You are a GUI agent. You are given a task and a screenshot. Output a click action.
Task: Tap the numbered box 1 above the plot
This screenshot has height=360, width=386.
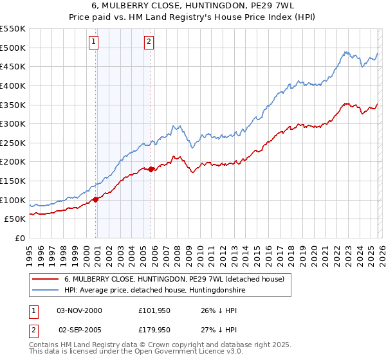(x=94, y=42)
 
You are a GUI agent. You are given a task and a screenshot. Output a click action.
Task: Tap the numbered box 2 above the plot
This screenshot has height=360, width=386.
(x=149, y=42)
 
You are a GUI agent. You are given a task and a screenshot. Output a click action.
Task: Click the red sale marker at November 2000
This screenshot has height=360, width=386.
(x=96, y=199)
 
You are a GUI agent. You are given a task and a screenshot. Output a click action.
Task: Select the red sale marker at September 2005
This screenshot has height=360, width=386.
(x=151, y=170)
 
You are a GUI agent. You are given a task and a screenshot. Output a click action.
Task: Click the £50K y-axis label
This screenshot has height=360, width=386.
(x=15, y=219)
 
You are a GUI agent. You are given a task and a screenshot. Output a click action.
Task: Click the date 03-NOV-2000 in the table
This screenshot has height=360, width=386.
(x=80, y=310)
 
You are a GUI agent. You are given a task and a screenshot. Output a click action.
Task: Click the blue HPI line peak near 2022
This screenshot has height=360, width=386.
(x=345, y=52)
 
